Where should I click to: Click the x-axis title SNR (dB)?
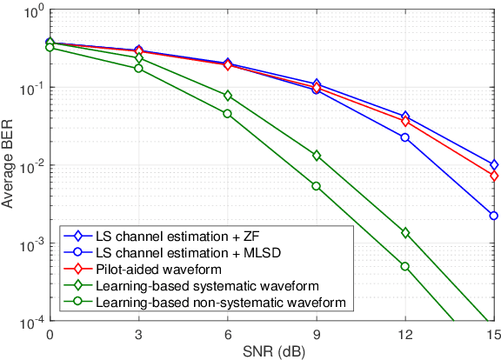click(x=271, y=351)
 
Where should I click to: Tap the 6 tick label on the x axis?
click(x=228, y=335)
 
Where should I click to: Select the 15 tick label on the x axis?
click(x=493, y=335)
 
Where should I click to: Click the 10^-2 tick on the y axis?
click(x=27, y=166)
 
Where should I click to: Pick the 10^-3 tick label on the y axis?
click(x=27, y=245)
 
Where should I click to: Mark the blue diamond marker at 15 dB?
click(x=494, y=164)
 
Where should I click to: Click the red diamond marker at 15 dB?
click(x=494, y=176)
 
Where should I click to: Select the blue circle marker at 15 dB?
click(x=494, y=216)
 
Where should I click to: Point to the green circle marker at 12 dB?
click(x=405, y=266)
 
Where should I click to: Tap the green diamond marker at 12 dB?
click(x=405, y=233)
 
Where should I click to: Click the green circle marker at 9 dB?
click(x=317, y=186)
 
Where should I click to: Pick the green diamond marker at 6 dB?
click(x=228, y=96)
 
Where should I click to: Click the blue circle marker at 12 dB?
click(x=405, y=137)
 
